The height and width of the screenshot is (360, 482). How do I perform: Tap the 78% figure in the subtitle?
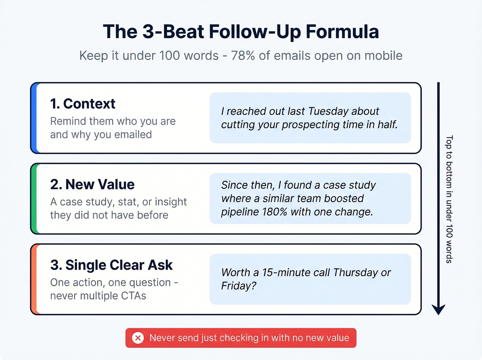(243, 55)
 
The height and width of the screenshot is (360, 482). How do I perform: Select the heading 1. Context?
(83, 104)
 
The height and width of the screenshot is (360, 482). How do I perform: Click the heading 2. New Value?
(92, 185)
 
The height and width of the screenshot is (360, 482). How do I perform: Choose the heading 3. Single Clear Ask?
(111, 265)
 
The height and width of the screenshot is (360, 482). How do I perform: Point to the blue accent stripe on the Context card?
(34, 118)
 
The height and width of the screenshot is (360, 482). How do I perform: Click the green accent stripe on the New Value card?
(34, 198)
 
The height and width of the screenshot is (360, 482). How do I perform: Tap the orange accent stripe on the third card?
(34, 279)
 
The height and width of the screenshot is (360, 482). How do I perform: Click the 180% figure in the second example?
(274, 212)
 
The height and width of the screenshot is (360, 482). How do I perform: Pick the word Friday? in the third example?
(239, 286)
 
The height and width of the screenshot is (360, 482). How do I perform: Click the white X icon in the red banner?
(138, 338)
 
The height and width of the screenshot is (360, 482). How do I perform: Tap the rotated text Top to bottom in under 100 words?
(449, 199)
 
